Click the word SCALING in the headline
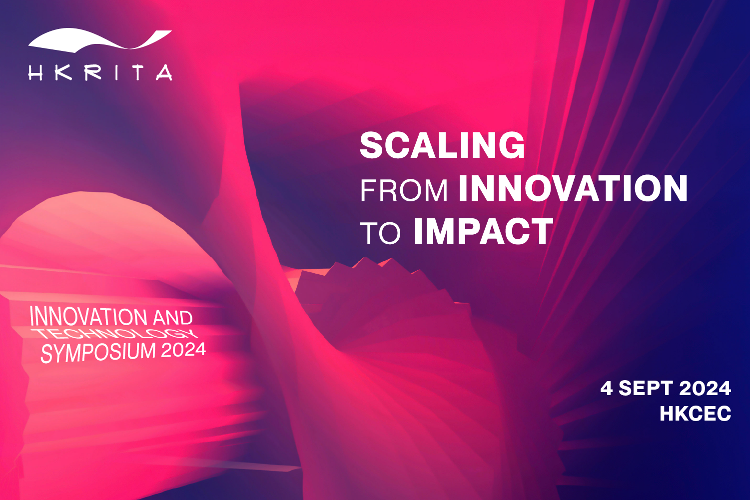tap(442, 145)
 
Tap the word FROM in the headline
tap(404, 190)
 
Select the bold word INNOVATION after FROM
tap(573, 188)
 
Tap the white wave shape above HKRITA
tap(100, 40)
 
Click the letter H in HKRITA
tap(35, 72)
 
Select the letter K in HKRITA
tap(63, 72)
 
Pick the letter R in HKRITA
tap(93, 72)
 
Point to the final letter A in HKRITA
tap(164, 72)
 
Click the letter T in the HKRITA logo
tap(137, 72)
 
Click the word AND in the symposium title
tap(173, 318)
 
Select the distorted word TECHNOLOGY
tap(115, 334)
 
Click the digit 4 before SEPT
tap(607, 388)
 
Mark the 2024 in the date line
tap(705, 388)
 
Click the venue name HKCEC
tap(696, 414)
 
